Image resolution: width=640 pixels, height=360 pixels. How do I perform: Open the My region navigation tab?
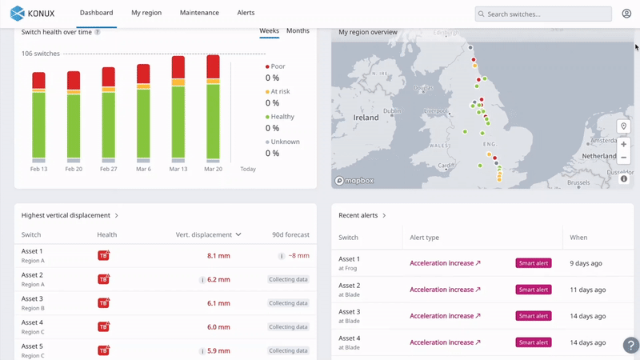click(146, 13)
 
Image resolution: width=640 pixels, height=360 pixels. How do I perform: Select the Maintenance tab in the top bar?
click(199, 13)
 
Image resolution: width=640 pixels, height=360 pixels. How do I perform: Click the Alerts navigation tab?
click(246, 13)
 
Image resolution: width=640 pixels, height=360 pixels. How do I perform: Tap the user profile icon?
click(626, 14)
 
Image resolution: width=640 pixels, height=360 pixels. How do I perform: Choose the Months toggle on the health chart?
click(298, 30)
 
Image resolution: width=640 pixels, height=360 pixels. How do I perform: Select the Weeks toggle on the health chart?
click(269, 30)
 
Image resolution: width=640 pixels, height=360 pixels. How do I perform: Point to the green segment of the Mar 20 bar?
click(213, 120)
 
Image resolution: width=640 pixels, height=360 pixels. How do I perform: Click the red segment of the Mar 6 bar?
click(143, 74)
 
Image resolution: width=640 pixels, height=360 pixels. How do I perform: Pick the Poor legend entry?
click(277, 66)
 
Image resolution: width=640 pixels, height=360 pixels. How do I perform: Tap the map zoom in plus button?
click(623, 145)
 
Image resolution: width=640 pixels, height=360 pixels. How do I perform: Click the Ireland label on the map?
click(366, 117)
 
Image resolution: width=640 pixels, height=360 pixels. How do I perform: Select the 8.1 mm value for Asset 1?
click(218, 256)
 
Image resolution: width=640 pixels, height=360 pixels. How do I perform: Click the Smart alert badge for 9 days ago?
click(534, 263)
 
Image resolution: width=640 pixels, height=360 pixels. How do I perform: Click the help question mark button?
click(630, 346)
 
